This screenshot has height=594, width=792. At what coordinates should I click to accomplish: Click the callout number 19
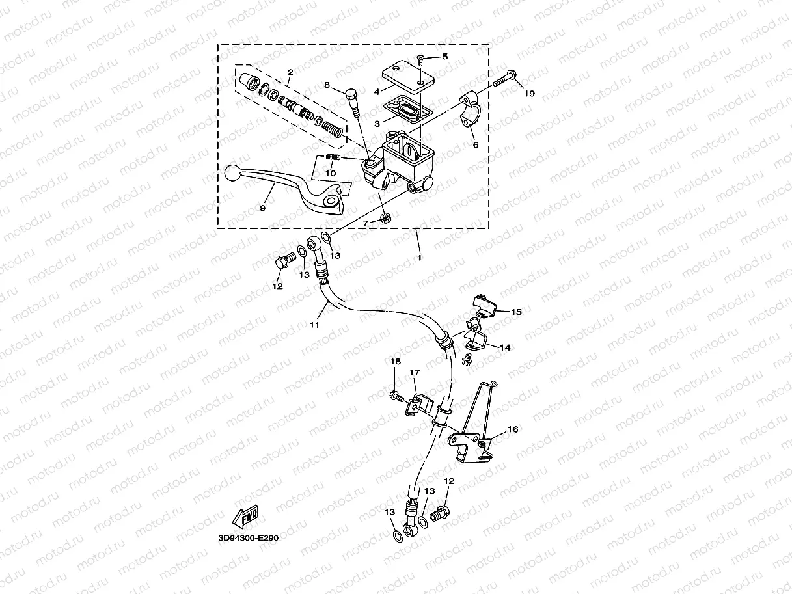(529, 94)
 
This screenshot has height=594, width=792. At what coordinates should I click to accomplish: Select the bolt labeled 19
(505, 79)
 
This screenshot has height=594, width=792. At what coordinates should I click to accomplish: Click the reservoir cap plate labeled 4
(405, 76)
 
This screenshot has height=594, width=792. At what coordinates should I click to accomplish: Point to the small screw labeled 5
(420, 60)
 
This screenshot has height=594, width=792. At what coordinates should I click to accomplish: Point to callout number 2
(290, 72)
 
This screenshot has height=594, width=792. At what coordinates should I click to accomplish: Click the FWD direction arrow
(245, 517)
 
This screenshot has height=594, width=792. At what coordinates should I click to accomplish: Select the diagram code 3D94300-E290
(249, 539)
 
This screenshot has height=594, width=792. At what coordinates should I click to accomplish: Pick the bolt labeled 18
(395, 395)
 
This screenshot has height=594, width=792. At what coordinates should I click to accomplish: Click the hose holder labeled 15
(482, 304)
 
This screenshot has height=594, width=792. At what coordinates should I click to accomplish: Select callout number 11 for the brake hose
(314, 325)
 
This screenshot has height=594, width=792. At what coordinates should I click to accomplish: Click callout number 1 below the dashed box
(420, 258)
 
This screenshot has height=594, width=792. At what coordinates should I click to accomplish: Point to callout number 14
(504, 347)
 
